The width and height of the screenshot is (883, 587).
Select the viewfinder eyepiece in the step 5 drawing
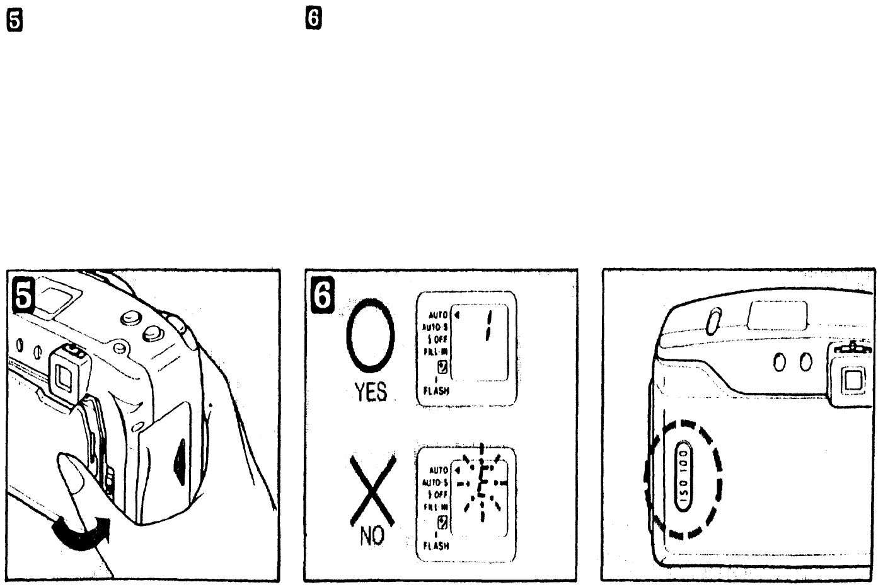[64, 375]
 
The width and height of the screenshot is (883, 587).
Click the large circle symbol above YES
[371, 337]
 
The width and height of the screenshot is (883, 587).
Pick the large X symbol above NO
[373, 490]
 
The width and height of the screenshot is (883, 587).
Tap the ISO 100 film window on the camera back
[684, 475]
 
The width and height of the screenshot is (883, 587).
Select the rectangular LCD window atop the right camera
[776, 315]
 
